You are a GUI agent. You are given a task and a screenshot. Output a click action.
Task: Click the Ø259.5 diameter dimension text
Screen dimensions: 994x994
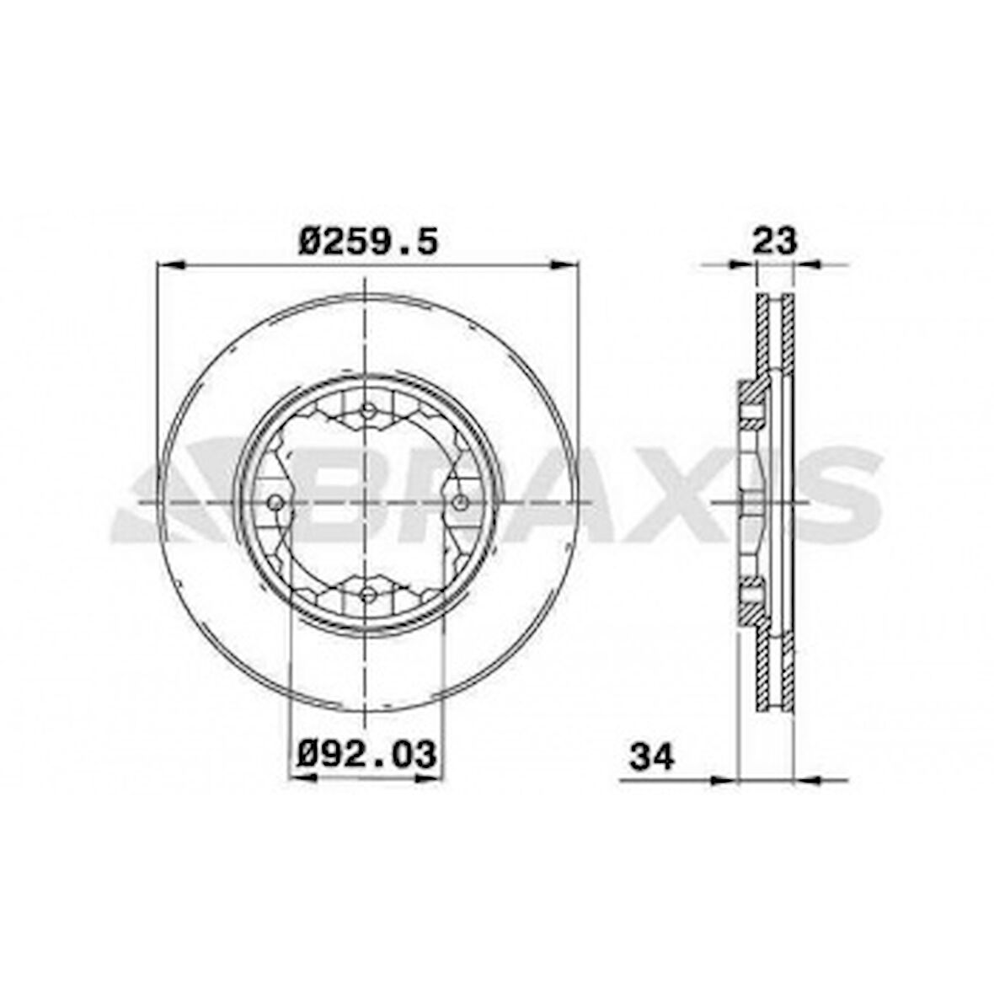coord(368,242)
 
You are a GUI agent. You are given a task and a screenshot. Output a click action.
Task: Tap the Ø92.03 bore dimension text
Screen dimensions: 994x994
coord(368,752)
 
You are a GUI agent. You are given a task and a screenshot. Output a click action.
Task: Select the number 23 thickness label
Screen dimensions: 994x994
coord(774,241)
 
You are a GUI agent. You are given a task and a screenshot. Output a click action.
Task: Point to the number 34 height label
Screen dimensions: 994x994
coord(652,756)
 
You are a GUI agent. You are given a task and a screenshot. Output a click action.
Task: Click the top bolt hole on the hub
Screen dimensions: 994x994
coord(367,410)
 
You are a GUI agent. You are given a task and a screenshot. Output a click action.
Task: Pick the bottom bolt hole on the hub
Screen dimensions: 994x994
coord(367,595)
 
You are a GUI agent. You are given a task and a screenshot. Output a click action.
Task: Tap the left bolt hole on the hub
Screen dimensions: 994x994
coord(275,502)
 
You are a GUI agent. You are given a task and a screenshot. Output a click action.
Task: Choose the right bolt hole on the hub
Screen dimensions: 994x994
coord(460,502)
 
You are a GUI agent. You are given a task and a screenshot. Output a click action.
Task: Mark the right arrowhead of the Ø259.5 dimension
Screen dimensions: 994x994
coord(565,265)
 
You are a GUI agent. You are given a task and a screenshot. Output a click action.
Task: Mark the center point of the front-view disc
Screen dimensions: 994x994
coord(367,502)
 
